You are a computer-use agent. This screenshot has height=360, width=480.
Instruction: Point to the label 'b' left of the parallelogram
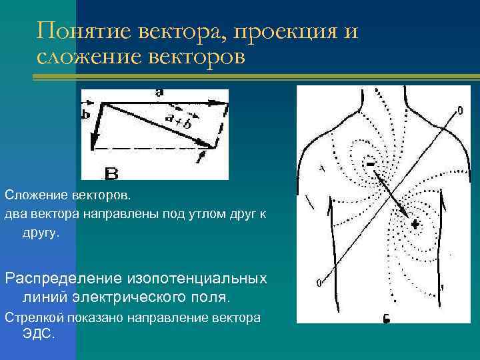[x=85, y=114]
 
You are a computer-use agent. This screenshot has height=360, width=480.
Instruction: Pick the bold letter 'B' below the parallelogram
[x=111, y=173]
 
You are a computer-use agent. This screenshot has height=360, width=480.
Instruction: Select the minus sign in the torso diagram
[x=369, y=162]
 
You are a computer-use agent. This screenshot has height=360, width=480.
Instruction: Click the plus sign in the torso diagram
[x=414, y=224]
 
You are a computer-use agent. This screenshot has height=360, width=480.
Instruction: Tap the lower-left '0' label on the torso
[x=319, y=283]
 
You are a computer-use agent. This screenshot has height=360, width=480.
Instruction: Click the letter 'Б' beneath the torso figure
[x=386, y=318]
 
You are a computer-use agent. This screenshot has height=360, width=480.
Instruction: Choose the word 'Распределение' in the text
[x=61, y=277]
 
